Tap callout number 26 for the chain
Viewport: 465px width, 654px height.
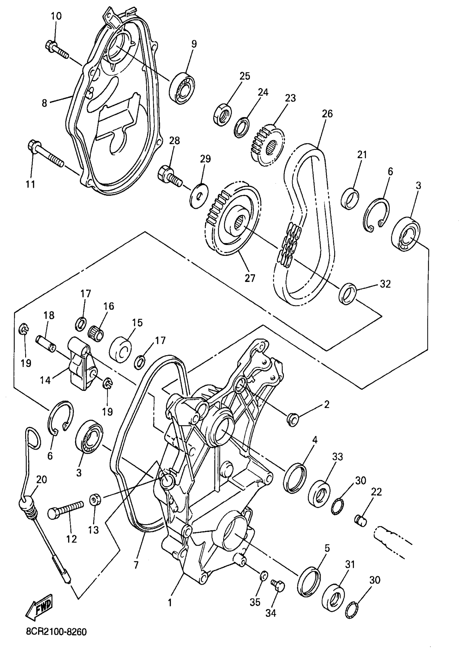coord(327,114)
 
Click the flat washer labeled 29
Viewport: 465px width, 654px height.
coord(199,196)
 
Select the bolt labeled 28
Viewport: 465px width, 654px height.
coord(169,175)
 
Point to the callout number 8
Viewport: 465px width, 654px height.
coord(44,103)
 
